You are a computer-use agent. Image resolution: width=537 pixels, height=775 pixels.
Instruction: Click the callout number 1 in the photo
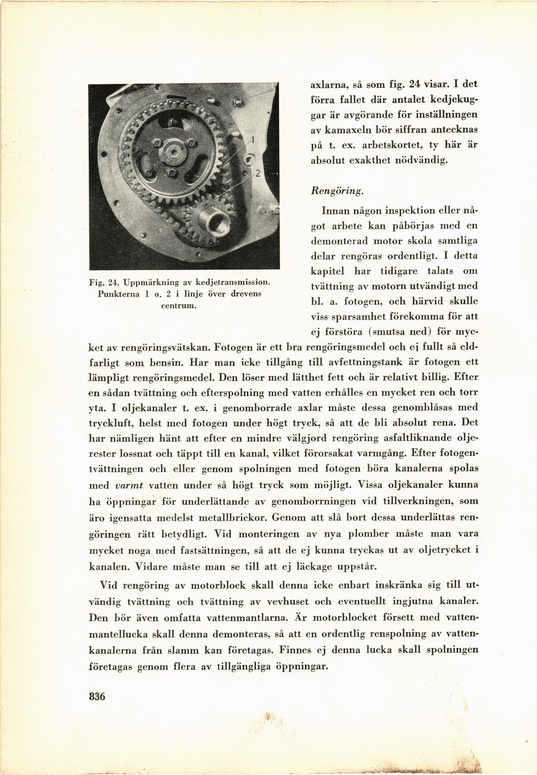tap(252, 140)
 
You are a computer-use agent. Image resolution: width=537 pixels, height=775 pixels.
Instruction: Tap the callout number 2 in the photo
tap(258, 173)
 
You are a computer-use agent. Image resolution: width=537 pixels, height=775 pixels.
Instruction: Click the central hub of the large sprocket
tap(173, 151)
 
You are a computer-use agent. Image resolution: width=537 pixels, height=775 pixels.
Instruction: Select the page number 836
tap(96, 697)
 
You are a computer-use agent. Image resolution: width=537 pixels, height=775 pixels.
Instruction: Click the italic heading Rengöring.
tap(337, 191)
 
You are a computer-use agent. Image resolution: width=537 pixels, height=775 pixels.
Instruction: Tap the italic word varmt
tap(129, 485)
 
